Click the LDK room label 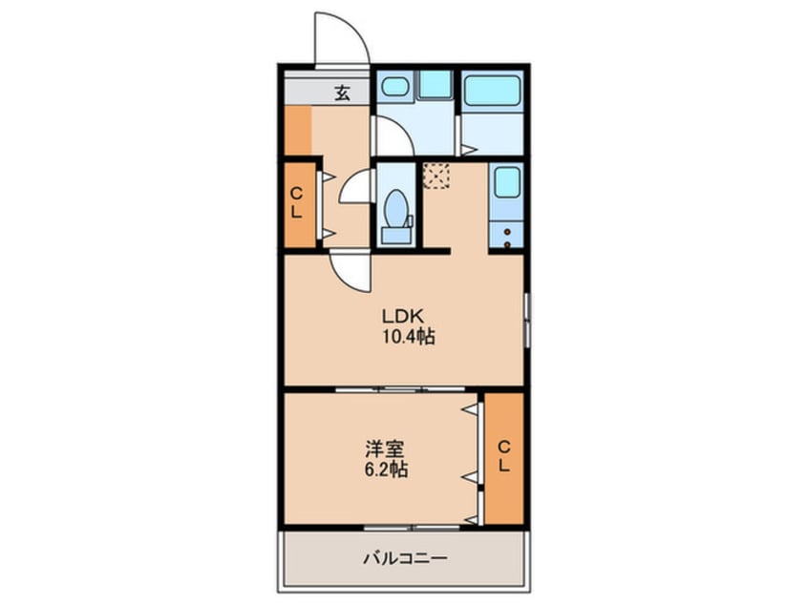coord(403,315)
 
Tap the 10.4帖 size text coord(409,337)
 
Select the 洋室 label coord(384,449)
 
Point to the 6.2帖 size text coord(387,469)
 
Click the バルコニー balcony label coord(405,558)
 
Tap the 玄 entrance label coord(342,94)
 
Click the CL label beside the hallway coord(296,202)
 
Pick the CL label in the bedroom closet coord(504,456)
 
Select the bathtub coord(493,90)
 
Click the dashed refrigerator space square coord(436,176)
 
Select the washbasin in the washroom coord(394,87)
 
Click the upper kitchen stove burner coord(507,231)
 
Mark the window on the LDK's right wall coord(526,320)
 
